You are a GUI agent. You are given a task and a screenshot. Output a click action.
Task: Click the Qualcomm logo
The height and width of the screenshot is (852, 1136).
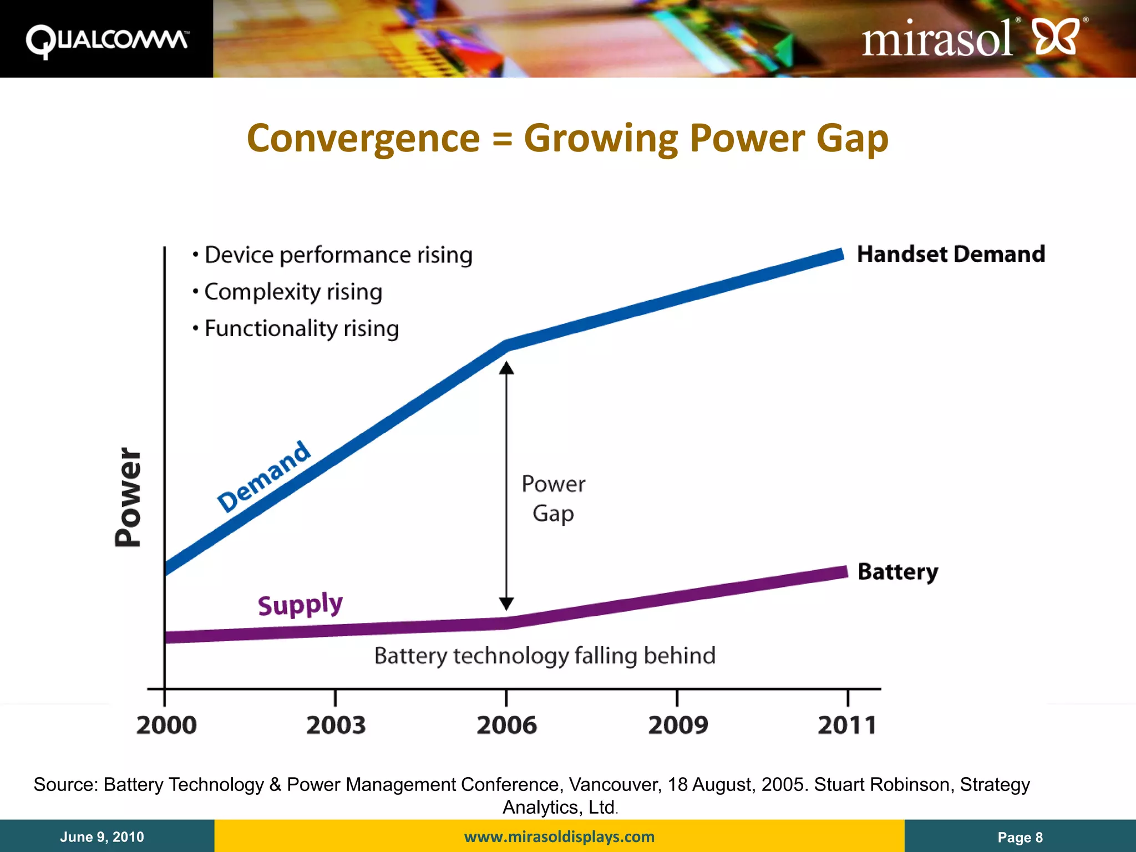click(x=106, y=40)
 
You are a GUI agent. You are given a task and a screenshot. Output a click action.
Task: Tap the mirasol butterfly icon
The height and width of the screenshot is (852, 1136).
click(x=1057, y=37)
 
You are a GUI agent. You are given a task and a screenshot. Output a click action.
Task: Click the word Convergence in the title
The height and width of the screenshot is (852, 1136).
click(x=363, y=139)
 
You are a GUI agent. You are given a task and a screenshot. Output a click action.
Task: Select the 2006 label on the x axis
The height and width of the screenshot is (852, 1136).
click(x=506, y=726)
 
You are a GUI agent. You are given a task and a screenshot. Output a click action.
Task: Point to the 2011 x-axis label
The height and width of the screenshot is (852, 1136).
click(x=847, y=726)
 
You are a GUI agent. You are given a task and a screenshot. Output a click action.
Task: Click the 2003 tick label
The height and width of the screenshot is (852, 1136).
click(x=336, y=726)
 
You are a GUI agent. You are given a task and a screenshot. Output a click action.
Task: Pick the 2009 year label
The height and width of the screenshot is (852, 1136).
click(x=678, y=726)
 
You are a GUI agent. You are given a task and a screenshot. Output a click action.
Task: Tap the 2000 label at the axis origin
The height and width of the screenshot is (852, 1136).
click(x=166, y=726)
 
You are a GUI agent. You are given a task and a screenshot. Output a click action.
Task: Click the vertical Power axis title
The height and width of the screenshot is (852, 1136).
click(x=128, y=497)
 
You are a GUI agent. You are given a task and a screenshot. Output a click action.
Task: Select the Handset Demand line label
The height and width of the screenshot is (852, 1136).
click(x=951, y=254)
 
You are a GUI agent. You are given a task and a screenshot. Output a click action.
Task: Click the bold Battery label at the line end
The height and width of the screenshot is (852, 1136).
click(x=897, y=572)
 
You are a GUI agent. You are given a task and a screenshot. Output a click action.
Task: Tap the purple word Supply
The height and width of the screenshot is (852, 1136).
click(x=300, y=604)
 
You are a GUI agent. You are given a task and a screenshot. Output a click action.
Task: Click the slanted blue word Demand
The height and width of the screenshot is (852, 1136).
click(x=264, y=477)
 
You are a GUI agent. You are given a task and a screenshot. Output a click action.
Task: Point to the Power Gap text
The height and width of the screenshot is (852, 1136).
click(x=553, y=499)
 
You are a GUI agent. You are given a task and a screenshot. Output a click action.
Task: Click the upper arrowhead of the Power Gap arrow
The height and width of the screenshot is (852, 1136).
click(x=506, y=368)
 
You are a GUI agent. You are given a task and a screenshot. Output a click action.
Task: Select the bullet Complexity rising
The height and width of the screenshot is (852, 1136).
click(x=293, y=292)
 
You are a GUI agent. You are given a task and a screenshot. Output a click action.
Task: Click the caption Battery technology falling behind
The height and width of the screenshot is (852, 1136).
click(x=545, y=656)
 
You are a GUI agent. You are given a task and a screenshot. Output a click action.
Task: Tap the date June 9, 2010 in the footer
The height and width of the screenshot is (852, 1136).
click(x=102, y=836)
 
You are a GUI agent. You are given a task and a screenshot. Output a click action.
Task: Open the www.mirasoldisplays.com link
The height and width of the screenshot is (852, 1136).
click(x=559, y=836)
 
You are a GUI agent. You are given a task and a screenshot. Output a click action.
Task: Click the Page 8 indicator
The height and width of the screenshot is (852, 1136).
click(x=1020, y=837)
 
